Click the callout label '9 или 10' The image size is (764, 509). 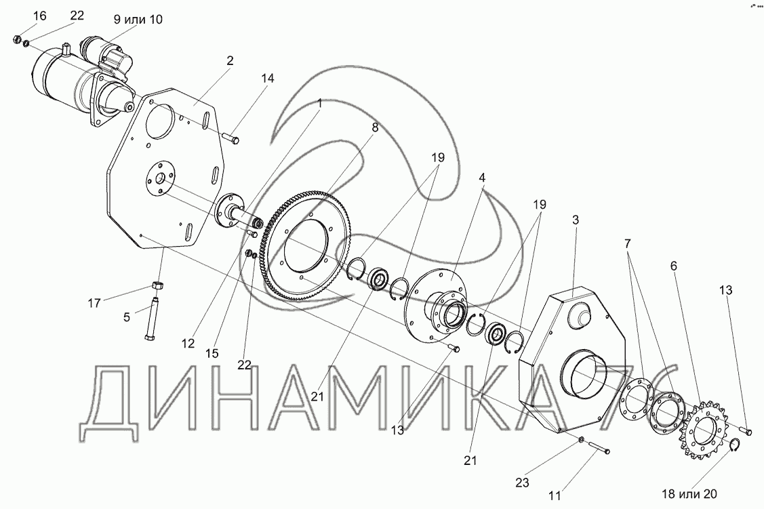tap(138, 19)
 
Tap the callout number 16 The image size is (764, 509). tap(21, 16)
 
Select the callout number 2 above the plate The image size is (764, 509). tap(230, 60)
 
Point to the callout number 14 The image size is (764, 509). tap(267, 78)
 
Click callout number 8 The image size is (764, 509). tap(375, 127)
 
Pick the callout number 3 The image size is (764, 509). tap(575, 220)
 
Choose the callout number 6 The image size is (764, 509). tap(674, 267)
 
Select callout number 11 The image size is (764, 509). tap(555, 495)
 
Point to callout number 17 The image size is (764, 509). tap(95, 303)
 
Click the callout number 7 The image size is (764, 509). tap(628, 243)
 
